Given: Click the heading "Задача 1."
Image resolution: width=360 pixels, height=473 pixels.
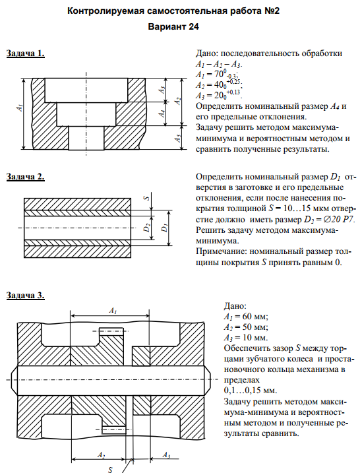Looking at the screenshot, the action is point(26,53).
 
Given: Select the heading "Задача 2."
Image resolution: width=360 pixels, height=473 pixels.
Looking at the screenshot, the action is point(26,177).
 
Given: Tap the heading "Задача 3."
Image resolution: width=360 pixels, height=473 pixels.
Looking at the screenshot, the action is point(26,296).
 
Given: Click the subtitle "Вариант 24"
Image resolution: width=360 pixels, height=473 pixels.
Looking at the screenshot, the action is point(173,26).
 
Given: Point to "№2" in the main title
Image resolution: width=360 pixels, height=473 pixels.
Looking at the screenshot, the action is point(272,11).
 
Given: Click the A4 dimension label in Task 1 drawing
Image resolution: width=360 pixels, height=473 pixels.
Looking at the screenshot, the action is point(162,113).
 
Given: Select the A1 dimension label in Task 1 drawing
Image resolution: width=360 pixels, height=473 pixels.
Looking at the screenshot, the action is point(20,108).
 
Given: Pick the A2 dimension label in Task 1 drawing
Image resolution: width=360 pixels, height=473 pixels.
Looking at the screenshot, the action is point(178,101).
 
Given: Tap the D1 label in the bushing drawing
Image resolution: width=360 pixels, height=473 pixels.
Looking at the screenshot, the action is point(164,228).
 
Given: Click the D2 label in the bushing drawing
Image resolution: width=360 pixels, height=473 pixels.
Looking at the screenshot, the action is point(147,228).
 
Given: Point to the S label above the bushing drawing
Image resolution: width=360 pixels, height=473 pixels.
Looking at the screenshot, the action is point(146,198).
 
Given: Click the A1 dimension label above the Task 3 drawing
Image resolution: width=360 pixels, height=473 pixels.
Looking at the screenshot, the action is point(113,311).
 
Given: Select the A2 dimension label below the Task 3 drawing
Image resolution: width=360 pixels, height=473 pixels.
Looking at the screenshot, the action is point(101,455).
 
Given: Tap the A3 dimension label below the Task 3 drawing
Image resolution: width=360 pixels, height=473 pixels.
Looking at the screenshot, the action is point(166,455).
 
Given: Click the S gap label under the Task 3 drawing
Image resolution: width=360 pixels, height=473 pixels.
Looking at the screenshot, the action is point(110,470).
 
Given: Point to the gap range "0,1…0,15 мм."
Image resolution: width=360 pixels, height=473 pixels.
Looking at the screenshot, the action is point(251,391).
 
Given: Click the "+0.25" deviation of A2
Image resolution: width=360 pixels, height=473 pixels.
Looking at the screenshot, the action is point(234,82).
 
